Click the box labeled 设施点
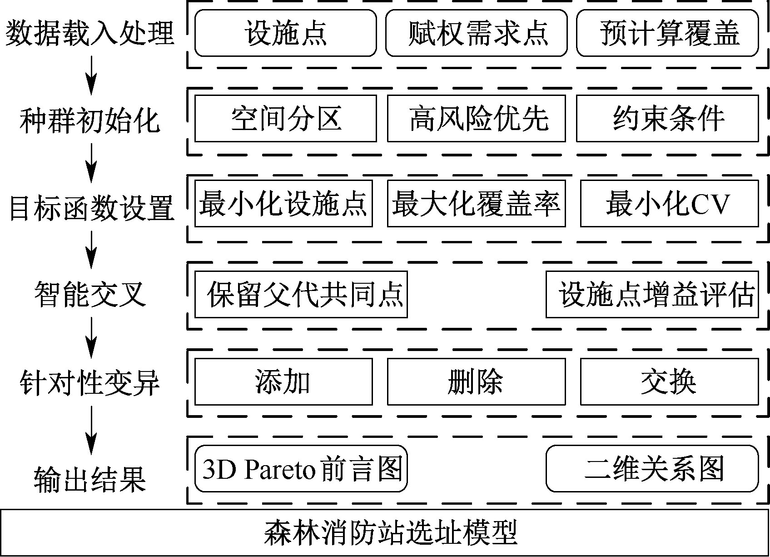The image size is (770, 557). tap(285, 33)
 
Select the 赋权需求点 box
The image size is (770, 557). tap(476, 33)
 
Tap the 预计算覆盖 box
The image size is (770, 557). tap(667, 33)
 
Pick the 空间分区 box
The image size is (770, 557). tap(285, 118)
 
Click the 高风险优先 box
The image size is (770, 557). tap(476, 118)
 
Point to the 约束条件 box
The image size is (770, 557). tap(667, 118)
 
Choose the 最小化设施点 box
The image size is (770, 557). tap(283, 203)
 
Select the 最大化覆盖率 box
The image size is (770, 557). tap(476, 203)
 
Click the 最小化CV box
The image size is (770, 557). tap(669, 203)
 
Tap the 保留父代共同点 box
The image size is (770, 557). tap(301, 294)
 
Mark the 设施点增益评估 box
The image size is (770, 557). tap(652, 294)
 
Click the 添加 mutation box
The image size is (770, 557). tap(283, 381)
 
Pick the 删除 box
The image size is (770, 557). tap(476, 381)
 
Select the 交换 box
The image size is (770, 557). tap(669, 381)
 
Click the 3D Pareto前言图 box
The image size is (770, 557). tap(301, 468)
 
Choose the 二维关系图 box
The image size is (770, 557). tap(652, 468)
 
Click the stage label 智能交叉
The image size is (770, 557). tap(91, 294)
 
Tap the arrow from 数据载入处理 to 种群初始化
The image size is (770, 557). tap(92, 73)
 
